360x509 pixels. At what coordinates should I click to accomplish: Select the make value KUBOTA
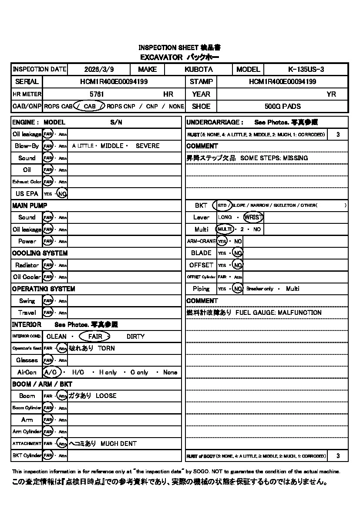click(x=199, y=69)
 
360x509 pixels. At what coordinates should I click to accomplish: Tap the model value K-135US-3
click(x=306, y=69)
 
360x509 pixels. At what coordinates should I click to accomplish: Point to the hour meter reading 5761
click(x=97, y=94)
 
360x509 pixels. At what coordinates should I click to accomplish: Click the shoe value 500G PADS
click(x=283, y=106)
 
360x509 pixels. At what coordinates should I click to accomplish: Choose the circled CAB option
click(x=89, y=106)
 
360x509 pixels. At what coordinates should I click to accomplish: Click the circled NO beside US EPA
click(x=62, y=194)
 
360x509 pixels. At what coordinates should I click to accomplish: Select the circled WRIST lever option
click(x=253, y=217)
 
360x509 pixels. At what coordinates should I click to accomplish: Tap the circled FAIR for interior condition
click(x=95, y=337)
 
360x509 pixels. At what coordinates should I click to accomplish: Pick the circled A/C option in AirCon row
click(x=52, y=372)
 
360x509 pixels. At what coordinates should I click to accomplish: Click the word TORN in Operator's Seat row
click(x=106, y=348)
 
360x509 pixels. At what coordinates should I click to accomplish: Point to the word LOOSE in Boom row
click(x=106, y=396)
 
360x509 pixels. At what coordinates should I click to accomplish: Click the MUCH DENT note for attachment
click(x=118, y=444)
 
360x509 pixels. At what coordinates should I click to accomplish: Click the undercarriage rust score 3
click(x=338, y=135)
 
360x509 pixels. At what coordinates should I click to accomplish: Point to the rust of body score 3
click(x=338, y=456)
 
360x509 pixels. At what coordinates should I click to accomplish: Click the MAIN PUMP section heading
click(x=30, y=206)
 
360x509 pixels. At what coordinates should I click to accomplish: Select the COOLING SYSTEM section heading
click(x=40, y=253)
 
